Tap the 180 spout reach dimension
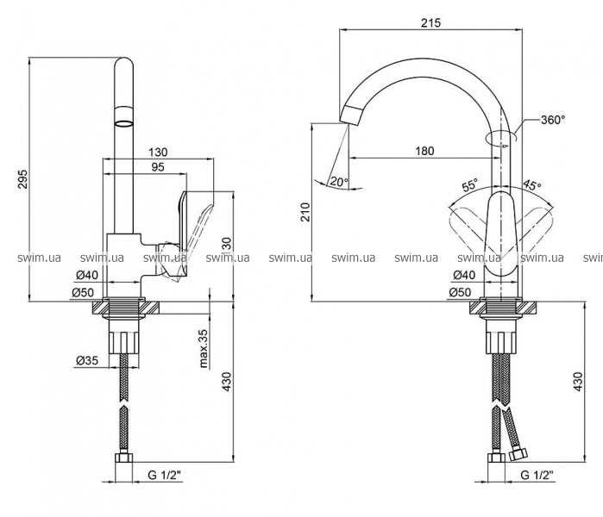pos(424,151)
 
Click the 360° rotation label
pos(553,120)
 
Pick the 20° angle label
pos(338,181)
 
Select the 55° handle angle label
pos(469,185)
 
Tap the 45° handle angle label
pos(532,185)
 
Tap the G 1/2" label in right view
pos(539,475)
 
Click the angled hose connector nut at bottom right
pos(519,452)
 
